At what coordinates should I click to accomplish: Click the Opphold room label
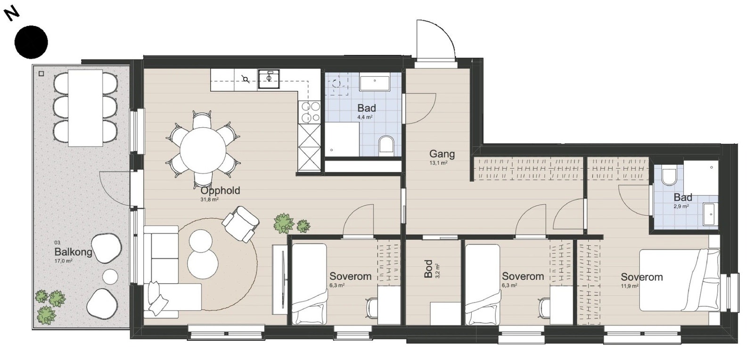pyautogui.click(x=220, y=190)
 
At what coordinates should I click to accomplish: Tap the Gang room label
pyautogui.click(x=442, y=154)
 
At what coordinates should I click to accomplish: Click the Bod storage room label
pyautogui.click(x=428, y=269)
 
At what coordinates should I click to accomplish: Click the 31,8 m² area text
pyautogui.click(x=209, y=199)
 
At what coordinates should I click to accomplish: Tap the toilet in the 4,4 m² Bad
pyautogui.click(x=386, y=145)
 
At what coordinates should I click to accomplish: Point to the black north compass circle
pyautogui.click(x=31, y=42)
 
